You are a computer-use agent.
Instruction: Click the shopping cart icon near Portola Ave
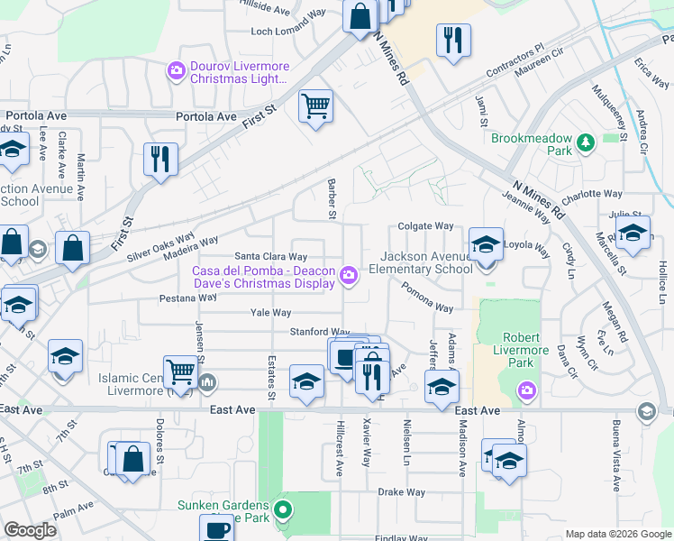click(315, 105)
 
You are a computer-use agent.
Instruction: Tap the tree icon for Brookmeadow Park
click(586, 142)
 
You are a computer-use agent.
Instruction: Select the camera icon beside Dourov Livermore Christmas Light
click(176, 69)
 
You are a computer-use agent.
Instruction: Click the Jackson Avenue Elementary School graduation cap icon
click(485, 243)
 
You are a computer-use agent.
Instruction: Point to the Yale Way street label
click(270, 313)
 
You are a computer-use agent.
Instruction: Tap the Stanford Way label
click(319, 332)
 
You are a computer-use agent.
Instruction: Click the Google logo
click(30, 530)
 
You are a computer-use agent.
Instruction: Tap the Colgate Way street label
click(425, 226)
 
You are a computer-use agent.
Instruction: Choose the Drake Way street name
click(401, 492)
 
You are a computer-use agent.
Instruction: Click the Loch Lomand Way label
click(288, 31)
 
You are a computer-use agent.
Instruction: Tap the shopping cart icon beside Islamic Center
click(181, 371)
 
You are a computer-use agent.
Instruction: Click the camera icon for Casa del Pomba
click(349, 274)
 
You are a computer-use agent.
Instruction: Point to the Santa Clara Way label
click(278, 256)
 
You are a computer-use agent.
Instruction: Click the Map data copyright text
click(617, 534)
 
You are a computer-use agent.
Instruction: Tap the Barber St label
click(332, 198)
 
